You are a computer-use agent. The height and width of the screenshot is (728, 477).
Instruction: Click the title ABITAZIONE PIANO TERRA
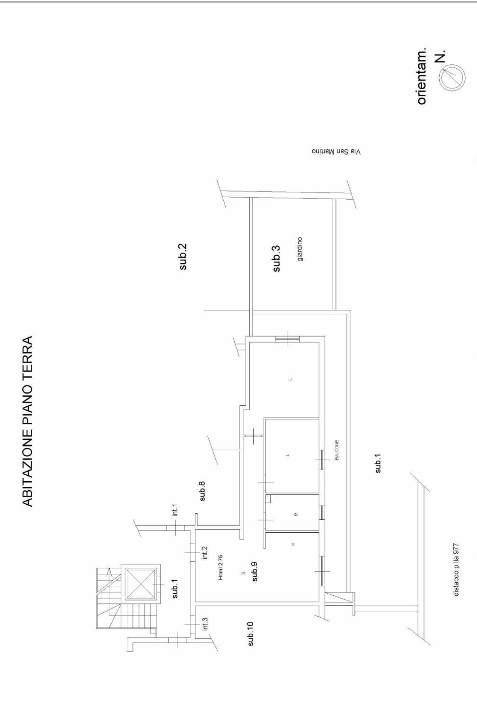pyautogui.click(x=27, y=421)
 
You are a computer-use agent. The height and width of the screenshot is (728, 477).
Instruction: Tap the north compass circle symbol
pyautogui.click(x=452, y=78)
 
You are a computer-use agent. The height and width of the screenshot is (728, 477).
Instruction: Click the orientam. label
pyautogui.click(x=421, y=76)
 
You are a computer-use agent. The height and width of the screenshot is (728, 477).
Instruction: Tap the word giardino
pyautogui.click(x=300, y=249)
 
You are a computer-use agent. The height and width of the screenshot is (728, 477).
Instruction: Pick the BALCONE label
pyautogui.click(x=337, y=450)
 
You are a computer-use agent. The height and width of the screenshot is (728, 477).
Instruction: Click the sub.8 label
pyautogui.click(x=202, y=491)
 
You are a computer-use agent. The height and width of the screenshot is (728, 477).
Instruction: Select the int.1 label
pyautogui.click(x=175, y=510)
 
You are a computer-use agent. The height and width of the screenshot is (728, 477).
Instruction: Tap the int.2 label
pyautogui.click(x=204, y=553)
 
